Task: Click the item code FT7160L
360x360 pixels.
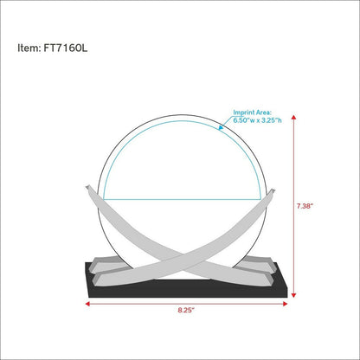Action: point(66,48)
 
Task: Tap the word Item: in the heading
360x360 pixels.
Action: point(29,48)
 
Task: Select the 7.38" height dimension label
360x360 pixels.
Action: point(305,206)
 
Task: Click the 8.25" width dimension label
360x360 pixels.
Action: point(186,311)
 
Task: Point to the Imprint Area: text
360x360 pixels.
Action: point(253,112)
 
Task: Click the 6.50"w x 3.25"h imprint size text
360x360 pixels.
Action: point(257,120)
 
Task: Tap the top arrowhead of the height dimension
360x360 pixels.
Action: point(293,117)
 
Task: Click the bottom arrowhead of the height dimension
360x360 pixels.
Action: point(293,295)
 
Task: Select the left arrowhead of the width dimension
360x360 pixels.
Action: point(87,304)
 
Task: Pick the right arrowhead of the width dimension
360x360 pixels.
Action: point(285,304)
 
